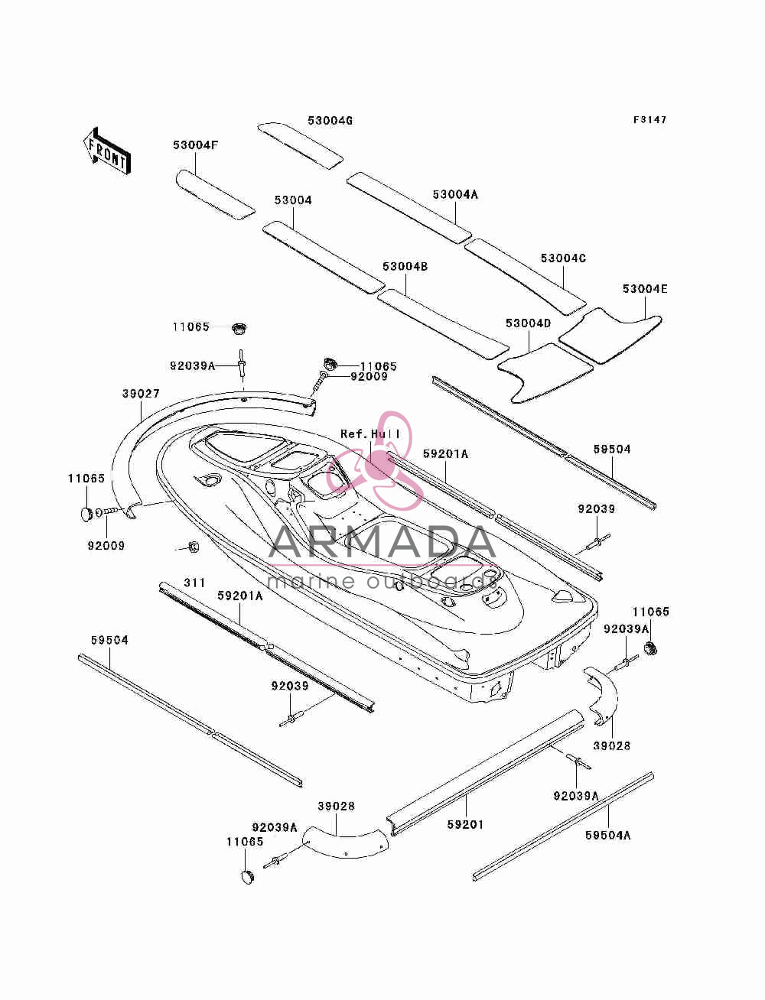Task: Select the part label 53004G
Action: click(x=330, y=121)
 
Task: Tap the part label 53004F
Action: click(x=195, y=144)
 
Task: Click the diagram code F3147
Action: click(x=649, y=120)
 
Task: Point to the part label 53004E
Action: click(x=645, y=289)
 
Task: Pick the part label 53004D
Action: click(x=529, y=323)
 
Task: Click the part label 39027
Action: click(x=141, y=393)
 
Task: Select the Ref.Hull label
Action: click(x=371, y=433)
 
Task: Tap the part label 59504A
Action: click(x=608, y=835)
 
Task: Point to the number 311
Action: click(x=194, y=583)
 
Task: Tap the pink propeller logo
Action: click(x=376, y=460)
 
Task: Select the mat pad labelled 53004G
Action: click(x=301, y=145)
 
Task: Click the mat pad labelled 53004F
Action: click(x=215, y=194)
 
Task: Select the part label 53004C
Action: click(x=564, y=258)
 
